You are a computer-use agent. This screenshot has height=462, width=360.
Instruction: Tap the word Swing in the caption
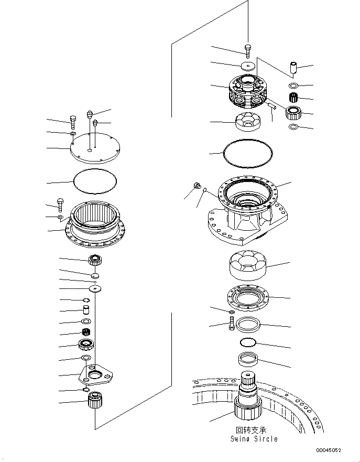click(242, 438)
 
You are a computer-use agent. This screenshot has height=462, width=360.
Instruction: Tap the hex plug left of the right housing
click(198, 185)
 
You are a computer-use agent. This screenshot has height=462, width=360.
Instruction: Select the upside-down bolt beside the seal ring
click(231, 325)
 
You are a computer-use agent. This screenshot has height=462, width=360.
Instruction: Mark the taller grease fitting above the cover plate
click(90, 114)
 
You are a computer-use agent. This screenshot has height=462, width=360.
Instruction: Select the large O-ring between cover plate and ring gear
click(95, 181)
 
